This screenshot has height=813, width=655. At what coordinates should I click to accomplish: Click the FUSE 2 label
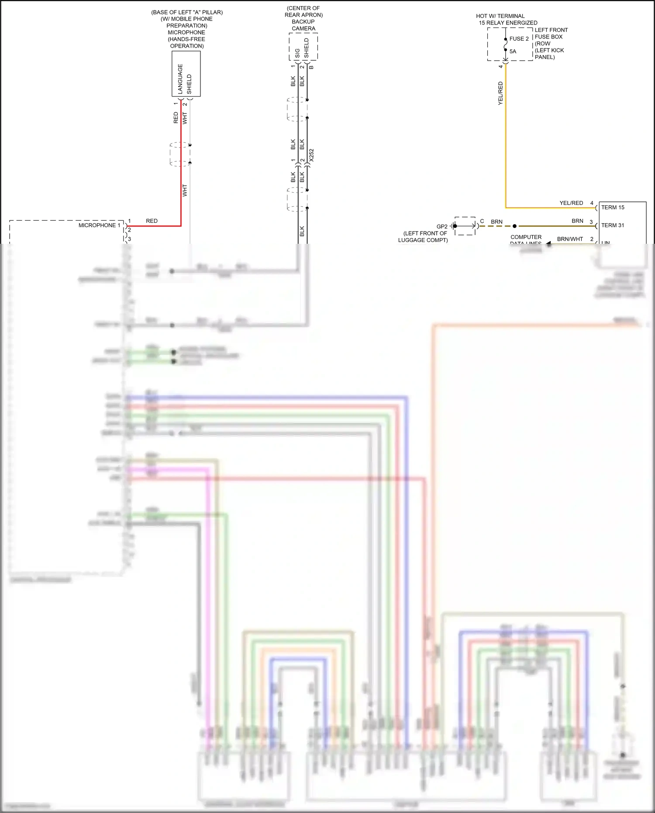pyautogui.click(x=519, y=38)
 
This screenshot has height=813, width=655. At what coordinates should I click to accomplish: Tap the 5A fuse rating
pyautogui.click(x=513, y=51)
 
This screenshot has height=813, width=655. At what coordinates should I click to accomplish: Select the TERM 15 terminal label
pyautogui.click(x=613, y=208)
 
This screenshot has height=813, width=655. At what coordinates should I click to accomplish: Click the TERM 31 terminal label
pyautogui.click(x=613, y=225)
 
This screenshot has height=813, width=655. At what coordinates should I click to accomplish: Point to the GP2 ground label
pyautogui.click(x=442, y=226)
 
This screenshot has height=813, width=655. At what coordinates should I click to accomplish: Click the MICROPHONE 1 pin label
pyautogui.click(x=99, y=225)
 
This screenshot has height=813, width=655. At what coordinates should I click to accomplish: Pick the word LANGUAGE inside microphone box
pyautogui.click(x=180, y=79)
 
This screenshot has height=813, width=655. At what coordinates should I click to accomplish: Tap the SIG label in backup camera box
pyautogui.click(x=298, y=53)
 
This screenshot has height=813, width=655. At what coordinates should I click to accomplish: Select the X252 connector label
pyautogui.click(x=311, y=155)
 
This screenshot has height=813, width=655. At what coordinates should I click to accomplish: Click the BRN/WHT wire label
pyautogui.click(x=570, y=239)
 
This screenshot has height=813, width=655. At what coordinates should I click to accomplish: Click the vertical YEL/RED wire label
pyautogui.click(x=500, y=93)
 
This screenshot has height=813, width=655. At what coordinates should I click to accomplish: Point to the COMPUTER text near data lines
pyautogui.click(x=526, y=237)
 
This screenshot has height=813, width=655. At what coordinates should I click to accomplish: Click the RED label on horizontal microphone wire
pyautogui.click(x=152, y=221)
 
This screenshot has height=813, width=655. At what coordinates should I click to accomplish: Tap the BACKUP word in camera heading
pyautogui.click(x=303, y=22)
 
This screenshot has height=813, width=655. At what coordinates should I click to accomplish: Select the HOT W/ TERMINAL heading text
pyautogui.click(x=500, y=16)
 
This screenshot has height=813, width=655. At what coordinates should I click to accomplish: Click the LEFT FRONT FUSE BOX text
pyautogui.click(x=551, y=33)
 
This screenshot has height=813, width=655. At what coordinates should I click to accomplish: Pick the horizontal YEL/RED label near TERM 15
pyautogui.click(x=571, y=203)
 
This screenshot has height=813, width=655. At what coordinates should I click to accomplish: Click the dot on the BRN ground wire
pyautogui.click(x=514, y=226)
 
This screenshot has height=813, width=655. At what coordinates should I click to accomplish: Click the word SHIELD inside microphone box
pyautogui.click(x=189, y=84)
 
